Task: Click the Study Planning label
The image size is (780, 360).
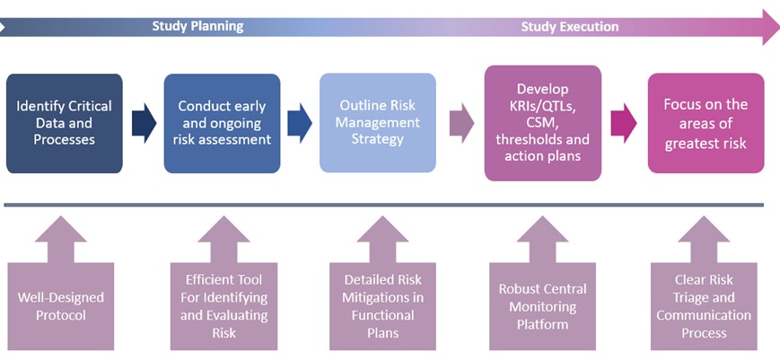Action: tap(197, 26)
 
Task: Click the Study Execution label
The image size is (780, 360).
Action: tap(570, 26)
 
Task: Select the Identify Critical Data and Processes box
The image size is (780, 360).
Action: tap(64, 123)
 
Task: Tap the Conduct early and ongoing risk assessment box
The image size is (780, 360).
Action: tap(222, 123)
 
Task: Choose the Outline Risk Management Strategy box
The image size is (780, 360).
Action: tap(378, 123)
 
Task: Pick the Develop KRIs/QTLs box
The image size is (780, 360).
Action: tap(543, 123)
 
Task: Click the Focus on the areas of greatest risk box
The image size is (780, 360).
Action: tap(706, 123)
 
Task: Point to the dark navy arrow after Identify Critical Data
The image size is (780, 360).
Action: tap(145, 123)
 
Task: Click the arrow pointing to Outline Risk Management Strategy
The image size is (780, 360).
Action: tap(300, 123)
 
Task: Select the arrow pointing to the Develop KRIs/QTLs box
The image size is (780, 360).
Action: tap(461, 123)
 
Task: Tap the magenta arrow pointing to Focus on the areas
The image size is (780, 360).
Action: tap(624, 123)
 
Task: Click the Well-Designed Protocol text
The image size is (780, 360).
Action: tap(61, 306)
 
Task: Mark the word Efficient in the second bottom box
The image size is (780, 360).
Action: tap(209, 280)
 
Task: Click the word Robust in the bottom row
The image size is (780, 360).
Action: tap(521, 289)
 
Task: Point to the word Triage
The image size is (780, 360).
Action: tap(690, 298)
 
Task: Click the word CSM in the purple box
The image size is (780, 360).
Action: tap(543, 122)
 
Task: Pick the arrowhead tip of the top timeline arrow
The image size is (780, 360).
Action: tap(779, 27)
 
